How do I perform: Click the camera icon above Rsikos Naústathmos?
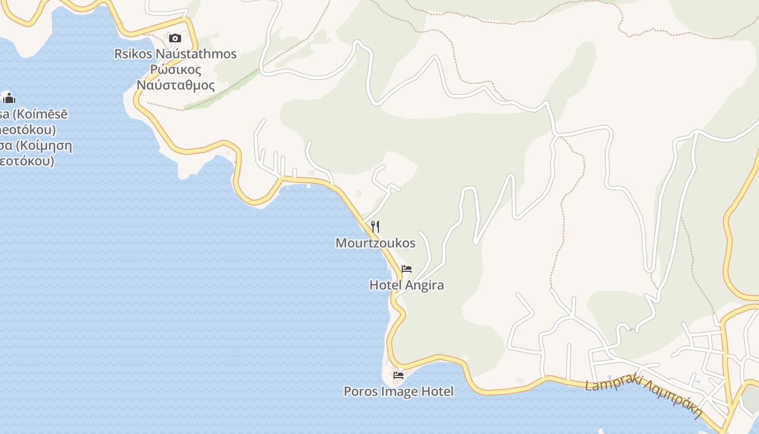175,38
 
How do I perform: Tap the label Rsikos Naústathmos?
175,54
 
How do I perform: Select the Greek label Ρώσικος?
176,70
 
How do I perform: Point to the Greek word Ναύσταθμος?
176,85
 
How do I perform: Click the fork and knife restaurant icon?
375,227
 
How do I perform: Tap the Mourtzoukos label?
375,243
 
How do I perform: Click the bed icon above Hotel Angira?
407,269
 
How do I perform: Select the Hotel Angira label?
407,285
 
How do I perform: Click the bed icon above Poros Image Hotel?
398,375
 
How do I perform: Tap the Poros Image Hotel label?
398,391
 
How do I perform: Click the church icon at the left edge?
9,98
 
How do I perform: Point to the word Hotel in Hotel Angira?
385,285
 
